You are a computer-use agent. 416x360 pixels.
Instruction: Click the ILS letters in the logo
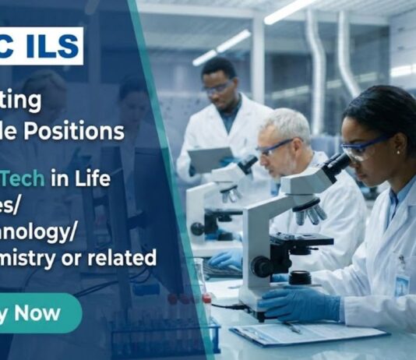(55, 45)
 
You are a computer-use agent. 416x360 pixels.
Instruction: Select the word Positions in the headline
(86, 132)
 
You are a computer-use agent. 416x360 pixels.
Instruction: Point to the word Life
(94, 178)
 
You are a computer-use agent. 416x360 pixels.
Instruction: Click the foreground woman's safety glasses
(363, 148)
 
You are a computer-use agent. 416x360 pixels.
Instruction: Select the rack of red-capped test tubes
(156, 327)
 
